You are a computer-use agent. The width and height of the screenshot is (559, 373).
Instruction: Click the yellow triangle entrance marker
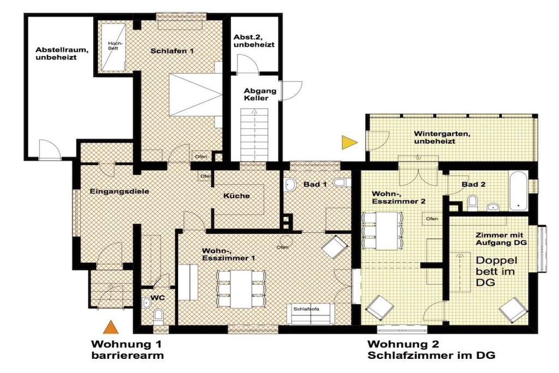[x=348, y=143]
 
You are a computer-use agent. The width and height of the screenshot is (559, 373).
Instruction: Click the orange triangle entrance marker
[x=110, y=327]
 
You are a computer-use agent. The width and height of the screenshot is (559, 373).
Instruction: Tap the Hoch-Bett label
[x=113, y=46]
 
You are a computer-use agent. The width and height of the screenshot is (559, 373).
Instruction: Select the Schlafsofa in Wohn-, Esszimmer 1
[x=311, y=314]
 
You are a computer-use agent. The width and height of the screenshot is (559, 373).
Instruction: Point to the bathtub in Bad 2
[x=519, y=191]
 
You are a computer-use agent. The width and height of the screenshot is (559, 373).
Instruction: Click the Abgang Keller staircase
[x=254, y=135]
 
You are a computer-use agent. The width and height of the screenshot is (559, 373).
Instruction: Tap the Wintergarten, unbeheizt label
[x=442, y=138]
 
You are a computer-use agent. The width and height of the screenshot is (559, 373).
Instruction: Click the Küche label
[x=236, y=196]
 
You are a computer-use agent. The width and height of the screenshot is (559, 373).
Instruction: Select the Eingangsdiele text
[x=119, y=192]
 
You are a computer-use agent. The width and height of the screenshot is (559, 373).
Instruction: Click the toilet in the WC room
[x=158, y=316]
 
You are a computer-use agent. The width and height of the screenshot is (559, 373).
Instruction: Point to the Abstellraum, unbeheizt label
[x=62, y=54]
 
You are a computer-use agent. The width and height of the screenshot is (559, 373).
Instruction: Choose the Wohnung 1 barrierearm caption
[x=127, y=350]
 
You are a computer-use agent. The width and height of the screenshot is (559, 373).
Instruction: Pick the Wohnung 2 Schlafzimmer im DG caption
[x=431, y=350]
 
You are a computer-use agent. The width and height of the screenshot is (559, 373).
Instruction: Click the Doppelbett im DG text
[x=496, y=271]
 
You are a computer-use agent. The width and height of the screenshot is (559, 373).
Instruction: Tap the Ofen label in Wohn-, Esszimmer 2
[x=432, y=218]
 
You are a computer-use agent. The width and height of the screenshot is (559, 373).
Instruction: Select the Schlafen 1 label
[x=172, y=51]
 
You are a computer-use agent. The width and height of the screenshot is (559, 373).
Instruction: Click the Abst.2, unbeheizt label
[x=254, y=41]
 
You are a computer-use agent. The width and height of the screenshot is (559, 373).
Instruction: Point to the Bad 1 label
[x=315, y=185]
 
